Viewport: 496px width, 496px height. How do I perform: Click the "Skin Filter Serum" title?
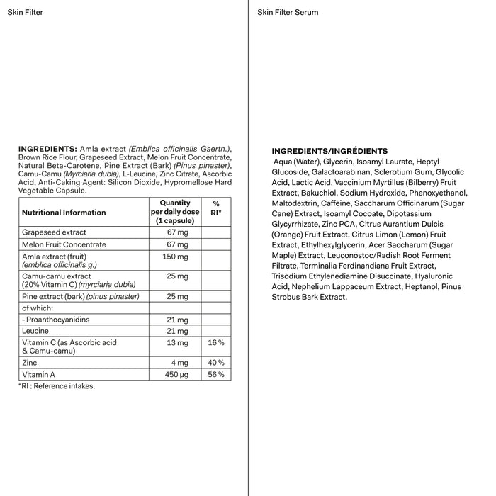coord(288,12)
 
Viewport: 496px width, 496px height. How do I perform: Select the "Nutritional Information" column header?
coord(64,212)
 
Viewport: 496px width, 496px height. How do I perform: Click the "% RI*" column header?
coord(217,208)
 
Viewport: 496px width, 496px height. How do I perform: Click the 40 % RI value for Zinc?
coord(216,362)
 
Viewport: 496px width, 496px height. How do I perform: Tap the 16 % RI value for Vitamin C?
coord(216,342)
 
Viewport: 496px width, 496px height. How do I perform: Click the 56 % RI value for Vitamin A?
coord(216,374)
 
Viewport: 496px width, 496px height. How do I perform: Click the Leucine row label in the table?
coord(35,331)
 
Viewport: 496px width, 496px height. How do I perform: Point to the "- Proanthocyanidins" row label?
coord(56,320)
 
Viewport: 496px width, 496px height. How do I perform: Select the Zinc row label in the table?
coord(30,362)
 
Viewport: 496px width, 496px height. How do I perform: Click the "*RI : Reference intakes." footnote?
coord(56,386)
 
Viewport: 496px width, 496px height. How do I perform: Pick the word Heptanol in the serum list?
coord(421,287)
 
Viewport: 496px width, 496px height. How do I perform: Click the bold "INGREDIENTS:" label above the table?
coord(47,148)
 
